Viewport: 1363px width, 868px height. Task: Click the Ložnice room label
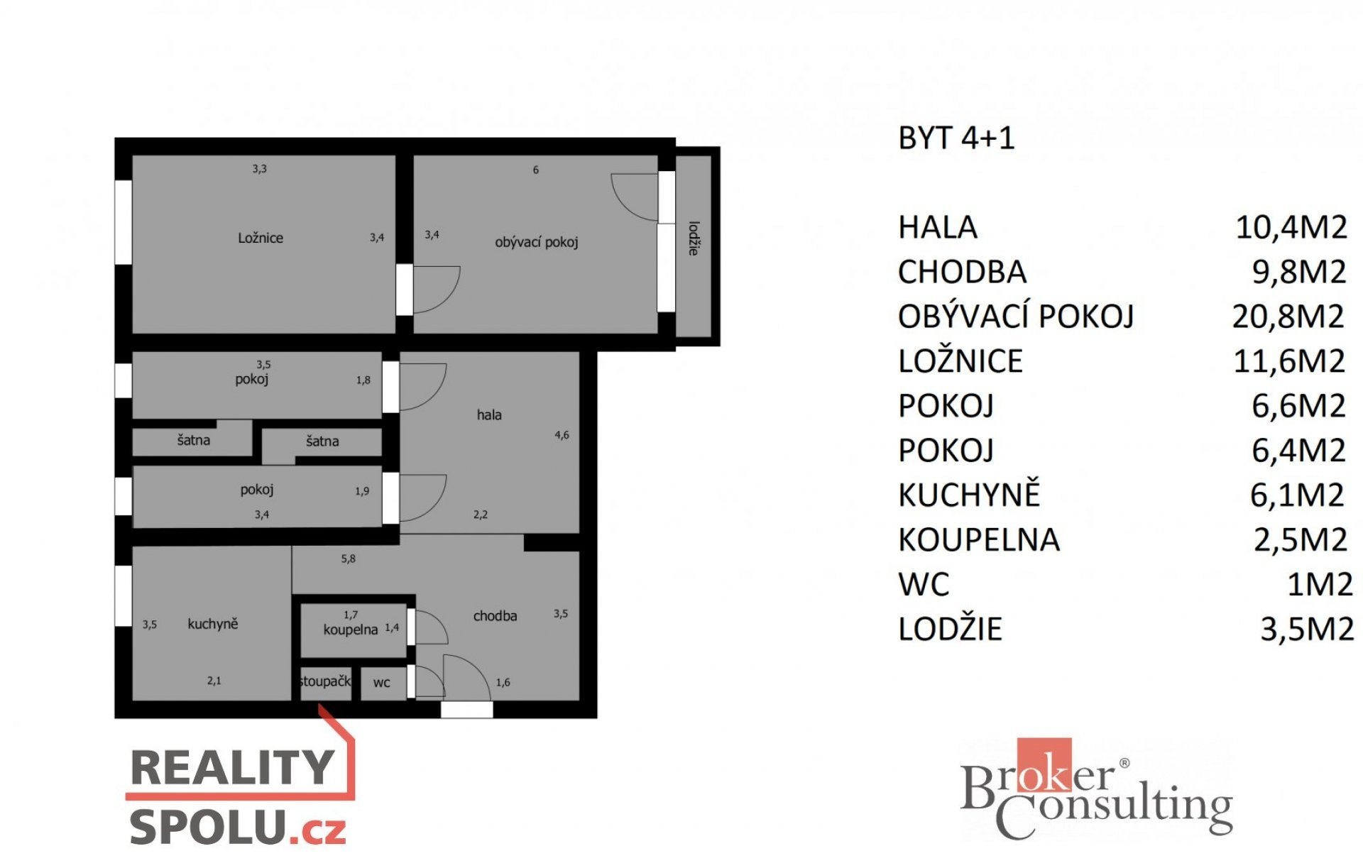coord(261,238)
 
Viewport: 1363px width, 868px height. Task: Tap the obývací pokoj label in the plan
coord(537,242)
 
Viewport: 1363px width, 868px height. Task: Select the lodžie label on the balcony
coord(694,238)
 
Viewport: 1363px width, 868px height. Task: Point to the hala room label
coord(489,414)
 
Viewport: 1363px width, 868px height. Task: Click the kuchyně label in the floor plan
coord(213,624)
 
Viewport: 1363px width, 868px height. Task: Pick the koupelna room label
coord(351,630)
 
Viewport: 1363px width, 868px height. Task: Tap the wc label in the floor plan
coord(381,683)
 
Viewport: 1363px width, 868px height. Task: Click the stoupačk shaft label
coord(325,681)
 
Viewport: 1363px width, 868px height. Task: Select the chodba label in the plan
coord(495,616)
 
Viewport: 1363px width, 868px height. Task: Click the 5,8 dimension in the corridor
coord(348,559)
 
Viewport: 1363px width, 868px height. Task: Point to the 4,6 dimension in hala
coord(562,435)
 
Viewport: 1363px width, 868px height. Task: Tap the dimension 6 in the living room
coord(536,170)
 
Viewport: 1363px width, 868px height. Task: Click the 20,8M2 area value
coord(1288,316)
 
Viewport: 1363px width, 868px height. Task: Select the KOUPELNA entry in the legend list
coord(979,539)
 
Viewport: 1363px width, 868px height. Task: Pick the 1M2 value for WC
coord(1320,584)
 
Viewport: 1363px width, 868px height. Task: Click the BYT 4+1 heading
coord(956,138)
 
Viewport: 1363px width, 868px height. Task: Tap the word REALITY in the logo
coord(232,767)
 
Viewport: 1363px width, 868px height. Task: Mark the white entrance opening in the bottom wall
coord(466,709)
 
